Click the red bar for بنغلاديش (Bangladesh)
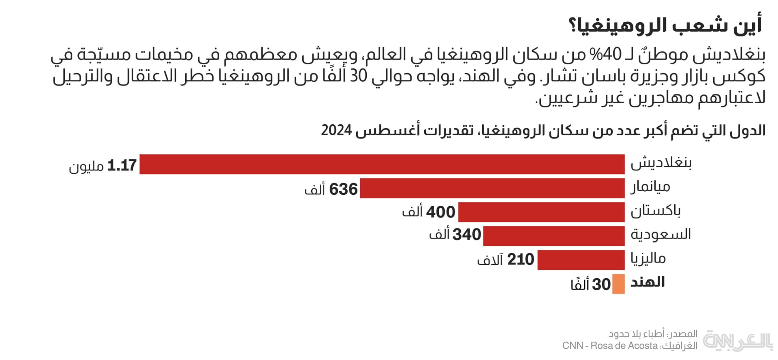pyautogui.click(x=382, y=164)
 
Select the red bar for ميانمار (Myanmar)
pyautogui.click(x=492, y=188)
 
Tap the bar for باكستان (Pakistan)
pyautogui.click(x=541, y=212)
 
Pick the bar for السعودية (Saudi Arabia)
pyautogui.click(x=554, y=236)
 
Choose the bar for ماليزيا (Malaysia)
pyautogui.click(x=581, y=260)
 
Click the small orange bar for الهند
pyautogui.click(x=618, y=283)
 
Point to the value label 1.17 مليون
pyautogui.click(x=103, y=166)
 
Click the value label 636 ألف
pyautogui.click(x=331, y=189)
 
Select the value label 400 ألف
pyautogui.click(x=429, y=212)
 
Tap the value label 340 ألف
pyautogui.click(x=455, y=234)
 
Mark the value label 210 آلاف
pyautogui.click(x=505, y=260)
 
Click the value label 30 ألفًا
pyautogui.click(x=590, y=284)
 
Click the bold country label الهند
pyautogui.click(x=648, y=282)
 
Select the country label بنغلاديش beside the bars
pyautogui.click(x=661, y=163)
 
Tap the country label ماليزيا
pyautogui.click(x=648, y=258)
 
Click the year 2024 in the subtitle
pyautogui.click(x=336, y=130)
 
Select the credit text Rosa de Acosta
pyautogui.click(x=624, y=345)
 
